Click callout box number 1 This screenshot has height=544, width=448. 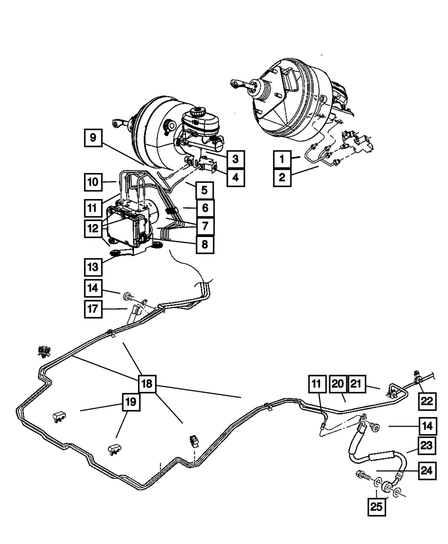coord(282,160)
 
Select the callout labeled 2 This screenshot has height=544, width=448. coord(282,177)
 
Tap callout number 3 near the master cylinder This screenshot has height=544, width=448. coord(235,159)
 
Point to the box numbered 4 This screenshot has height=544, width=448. coord(235,177)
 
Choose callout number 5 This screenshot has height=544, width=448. coord(204,190)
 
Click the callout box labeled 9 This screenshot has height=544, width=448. coord(93,138)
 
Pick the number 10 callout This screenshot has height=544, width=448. coord(93,182)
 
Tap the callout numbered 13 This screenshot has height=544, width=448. coord(93,268)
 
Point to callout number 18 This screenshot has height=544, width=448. coord(146,384)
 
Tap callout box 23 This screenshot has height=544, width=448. coord(427,446)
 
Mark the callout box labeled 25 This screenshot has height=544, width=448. coord(377,508)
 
